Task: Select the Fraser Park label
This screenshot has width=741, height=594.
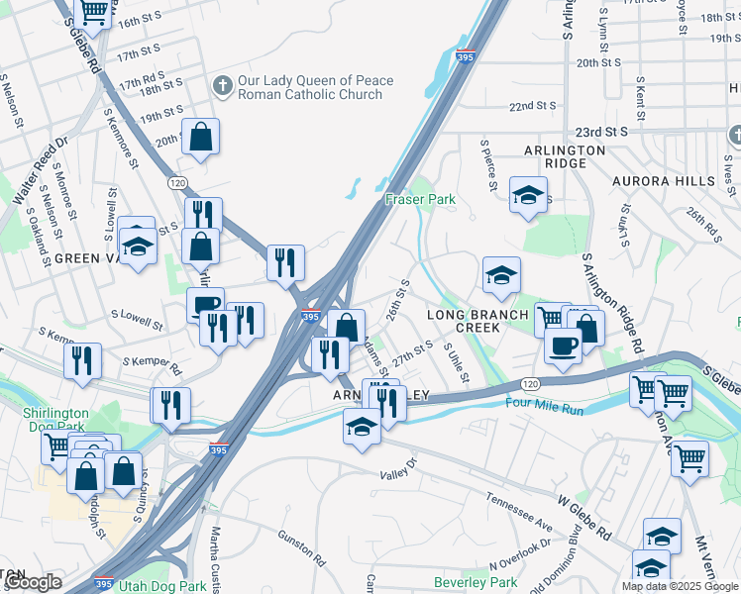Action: pyautogui.click(x=420, y=199)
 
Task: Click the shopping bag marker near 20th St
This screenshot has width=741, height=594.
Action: pyautogui.click(x=201, y=140)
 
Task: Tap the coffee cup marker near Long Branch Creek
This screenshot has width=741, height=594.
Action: pyautogui.click(x=564, y=346)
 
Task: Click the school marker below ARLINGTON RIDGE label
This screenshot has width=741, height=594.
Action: pyautogui.click(x=529, y=195)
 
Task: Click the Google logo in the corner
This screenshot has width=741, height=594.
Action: pyautogui.click(x=31, y=582)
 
